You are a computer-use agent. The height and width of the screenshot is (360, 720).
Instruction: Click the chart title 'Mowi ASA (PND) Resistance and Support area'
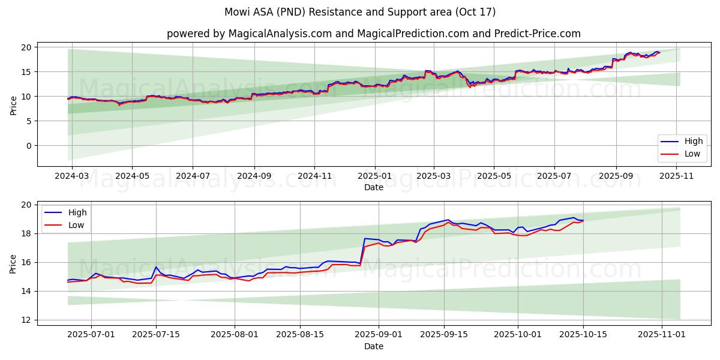coord(359,12)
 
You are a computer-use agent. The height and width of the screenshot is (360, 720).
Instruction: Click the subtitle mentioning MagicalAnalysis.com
coord(373,34)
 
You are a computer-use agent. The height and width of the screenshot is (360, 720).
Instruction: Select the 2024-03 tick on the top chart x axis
coord(72,176)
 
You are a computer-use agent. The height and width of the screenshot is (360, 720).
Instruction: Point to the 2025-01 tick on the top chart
coord(375,176)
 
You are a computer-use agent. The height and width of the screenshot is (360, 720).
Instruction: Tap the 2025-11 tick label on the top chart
coord(677,176)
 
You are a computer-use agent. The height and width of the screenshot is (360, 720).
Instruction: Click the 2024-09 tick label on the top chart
coord(254,176)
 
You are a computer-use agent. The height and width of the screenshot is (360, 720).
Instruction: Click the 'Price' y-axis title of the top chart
coord(13,106)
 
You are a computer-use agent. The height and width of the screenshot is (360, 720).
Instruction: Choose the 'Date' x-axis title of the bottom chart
coord(373,346)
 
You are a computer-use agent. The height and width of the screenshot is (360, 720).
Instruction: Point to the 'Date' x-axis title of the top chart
coord(373,187)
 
